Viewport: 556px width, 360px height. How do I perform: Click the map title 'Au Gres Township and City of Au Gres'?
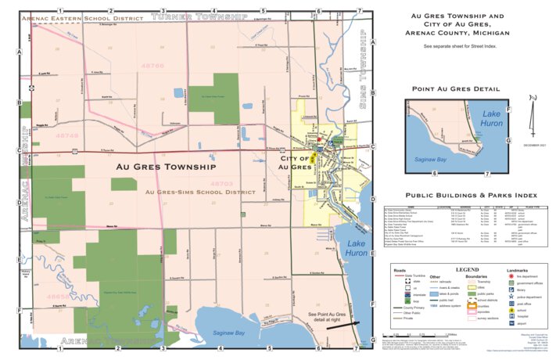click(454, 24)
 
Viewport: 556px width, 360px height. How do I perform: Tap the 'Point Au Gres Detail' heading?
click(457, 90)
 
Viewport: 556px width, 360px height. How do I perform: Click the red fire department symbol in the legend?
click(511, 278)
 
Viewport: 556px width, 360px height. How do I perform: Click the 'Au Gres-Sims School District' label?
click(199, 192)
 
